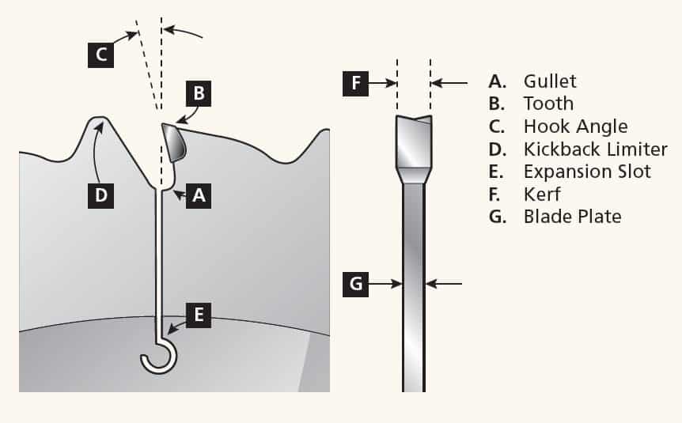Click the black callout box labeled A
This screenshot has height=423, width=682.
point(199,195)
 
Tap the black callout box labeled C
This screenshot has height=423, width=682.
point(100,55)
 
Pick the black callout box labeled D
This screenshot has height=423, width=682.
point(100,195)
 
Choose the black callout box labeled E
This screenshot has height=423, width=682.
point(199,315)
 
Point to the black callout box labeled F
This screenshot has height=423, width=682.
point(355,82)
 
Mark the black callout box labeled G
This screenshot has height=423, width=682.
point(355,283)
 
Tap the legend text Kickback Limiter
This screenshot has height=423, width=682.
point(595,149)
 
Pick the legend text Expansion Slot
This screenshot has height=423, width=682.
point(587,172)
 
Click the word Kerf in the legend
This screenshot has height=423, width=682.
point(542,194)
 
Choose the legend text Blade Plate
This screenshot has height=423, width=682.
point(572,217)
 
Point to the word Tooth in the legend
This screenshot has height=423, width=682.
point(548,104)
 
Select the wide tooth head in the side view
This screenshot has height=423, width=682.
point(414,142)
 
